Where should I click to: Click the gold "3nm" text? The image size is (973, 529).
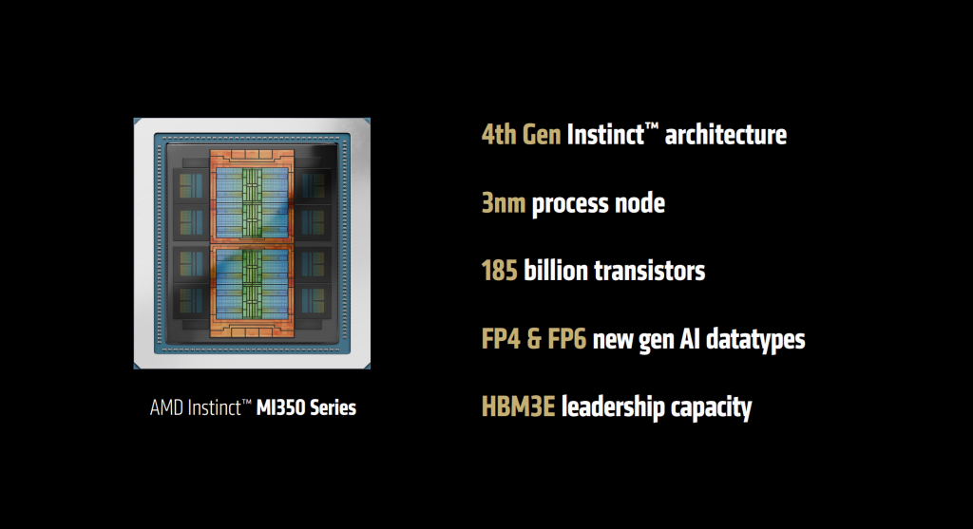tap(504, 202)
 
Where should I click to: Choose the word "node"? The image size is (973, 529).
tap(638, 202)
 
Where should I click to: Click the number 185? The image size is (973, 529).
tap(500, 271)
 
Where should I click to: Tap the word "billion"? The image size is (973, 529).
tap(555, 271)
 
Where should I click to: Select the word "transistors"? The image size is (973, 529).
tap(650, 271)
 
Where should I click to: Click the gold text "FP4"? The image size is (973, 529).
tap(500, 339)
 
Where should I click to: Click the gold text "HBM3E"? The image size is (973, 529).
tap(518, 407)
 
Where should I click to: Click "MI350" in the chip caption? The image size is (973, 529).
tap(282, 408)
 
